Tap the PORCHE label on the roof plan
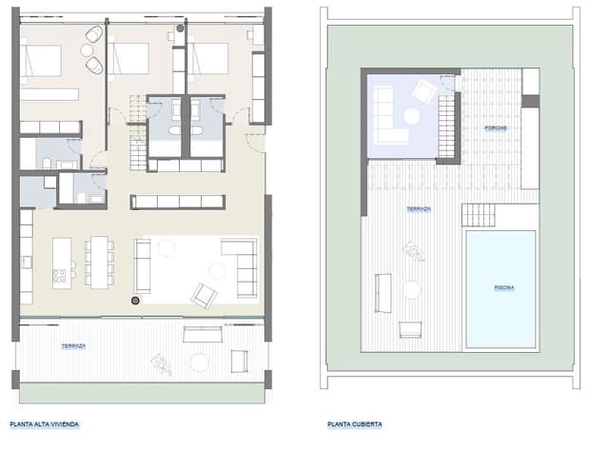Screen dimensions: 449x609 tap(493, 127)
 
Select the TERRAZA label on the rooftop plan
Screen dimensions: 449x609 tap(419, 208)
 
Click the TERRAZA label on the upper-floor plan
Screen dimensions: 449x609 tap(71, 346)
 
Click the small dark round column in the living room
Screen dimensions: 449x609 tap(134, 301)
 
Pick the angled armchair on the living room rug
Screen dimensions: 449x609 tap(204, 296)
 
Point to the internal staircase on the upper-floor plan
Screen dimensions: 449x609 tap(140, 133)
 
